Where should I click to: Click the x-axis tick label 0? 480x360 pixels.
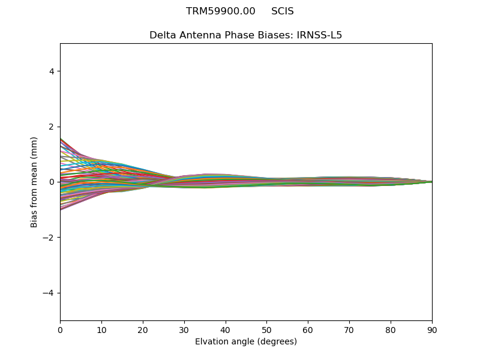pos(60,329)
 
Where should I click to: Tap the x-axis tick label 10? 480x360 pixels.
pos(101,329)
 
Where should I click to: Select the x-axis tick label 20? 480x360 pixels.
pos(143,329)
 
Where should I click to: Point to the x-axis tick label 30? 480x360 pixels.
pos(184,329)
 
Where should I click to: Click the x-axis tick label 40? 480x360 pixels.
pos(226,329)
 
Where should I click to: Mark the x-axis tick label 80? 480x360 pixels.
pos(391,329)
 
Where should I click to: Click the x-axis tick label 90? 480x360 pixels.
pos(432,329)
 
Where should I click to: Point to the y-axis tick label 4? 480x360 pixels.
pos(51,71)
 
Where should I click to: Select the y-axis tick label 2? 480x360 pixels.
pos(51,127)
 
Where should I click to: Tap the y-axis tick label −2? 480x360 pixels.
pos(49,238)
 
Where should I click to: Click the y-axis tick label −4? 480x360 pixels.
pos(49,293)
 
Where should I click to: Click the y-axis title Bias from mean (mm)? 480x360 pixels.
pos(35,182)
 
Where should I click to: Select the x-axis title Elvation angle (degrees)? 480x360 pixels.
pos(246,342)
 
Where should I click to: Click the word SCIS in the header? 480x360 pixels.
pos(283,11)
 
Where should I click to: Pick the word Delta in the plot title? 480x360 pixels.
pos(163,35)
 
